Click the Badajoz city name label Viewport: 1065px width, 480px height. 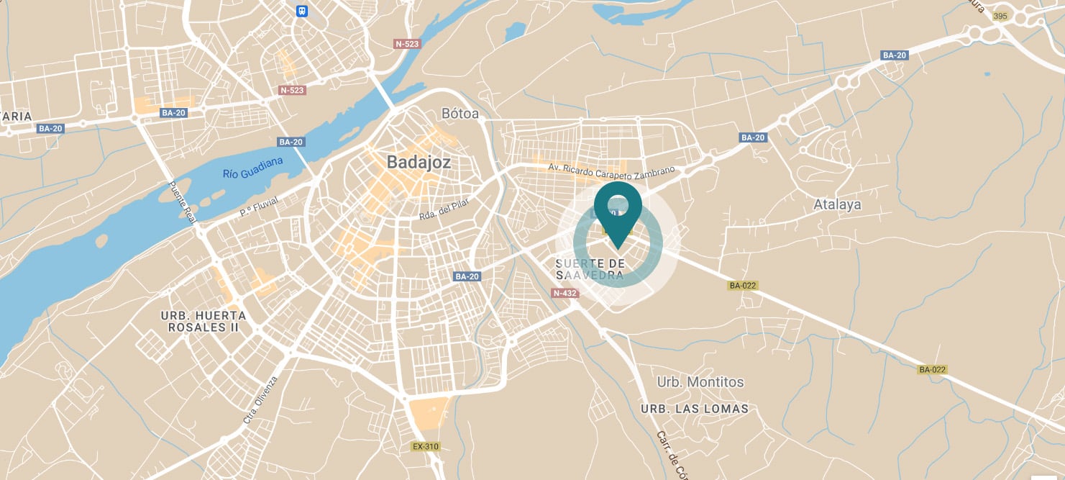click(419, 162)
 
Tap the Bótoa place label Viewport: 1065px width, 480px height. click(460, 114)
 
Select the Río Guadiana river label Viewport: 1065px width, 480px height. click(253, 166)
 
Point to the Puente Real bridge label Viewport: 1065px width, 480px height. click(183, 201)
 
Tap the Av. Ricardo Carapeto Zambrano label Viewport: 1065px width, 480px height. click(612, 172)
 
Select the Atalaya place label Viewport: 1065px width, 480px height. click(837, 204)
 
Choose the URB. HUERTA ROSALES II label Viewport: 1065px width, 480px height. click(203, 321)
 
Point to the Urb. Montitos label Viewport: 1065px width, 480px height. click(700, 382)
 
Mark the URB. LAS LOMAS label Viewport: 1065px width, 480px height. click(694, 409)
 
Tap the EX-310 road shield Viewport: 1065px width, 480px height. click(425, 446)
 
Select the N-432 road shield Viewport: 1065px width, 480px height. click(565, 293)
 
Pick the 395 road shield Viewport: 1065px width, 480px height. click(1000, 16)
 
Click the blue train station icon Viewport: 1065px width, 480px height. click(302, 11)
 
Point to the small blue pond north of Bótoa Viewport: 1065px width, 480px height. click(515, 30)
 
